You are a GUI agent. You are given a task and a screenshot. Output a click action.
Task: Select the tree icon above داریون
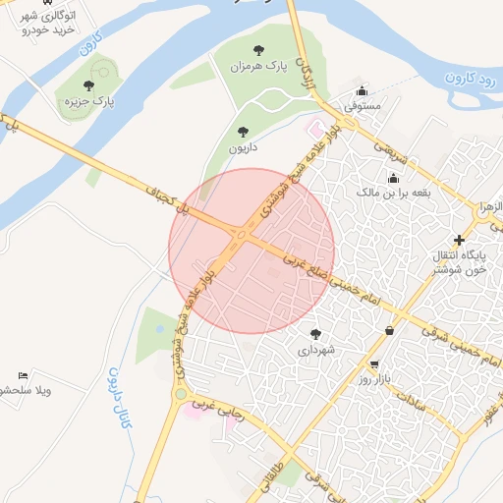[243, 131]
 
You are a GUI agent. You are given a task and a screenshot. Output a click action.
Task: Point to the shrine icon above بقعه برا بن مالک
[394, 178]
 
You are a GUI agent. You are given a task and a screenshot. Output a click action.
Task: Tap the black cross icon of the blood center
[459, 239]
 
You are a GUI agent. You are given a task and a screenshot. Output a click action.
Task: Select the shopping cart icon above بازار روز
[374, 363]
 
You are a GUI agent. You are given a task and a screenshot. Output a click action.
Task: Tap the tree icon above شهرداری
[315, 334]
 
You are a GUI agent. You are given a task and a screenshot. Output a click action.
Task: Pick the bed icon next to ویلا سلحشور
[24, 375]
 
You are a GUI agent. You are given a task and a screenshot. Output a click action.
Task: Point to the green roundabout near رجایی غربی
[180, 395]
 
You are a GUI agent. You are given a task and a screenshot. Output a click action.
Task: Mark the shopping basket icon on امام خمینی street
[391, 331]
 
